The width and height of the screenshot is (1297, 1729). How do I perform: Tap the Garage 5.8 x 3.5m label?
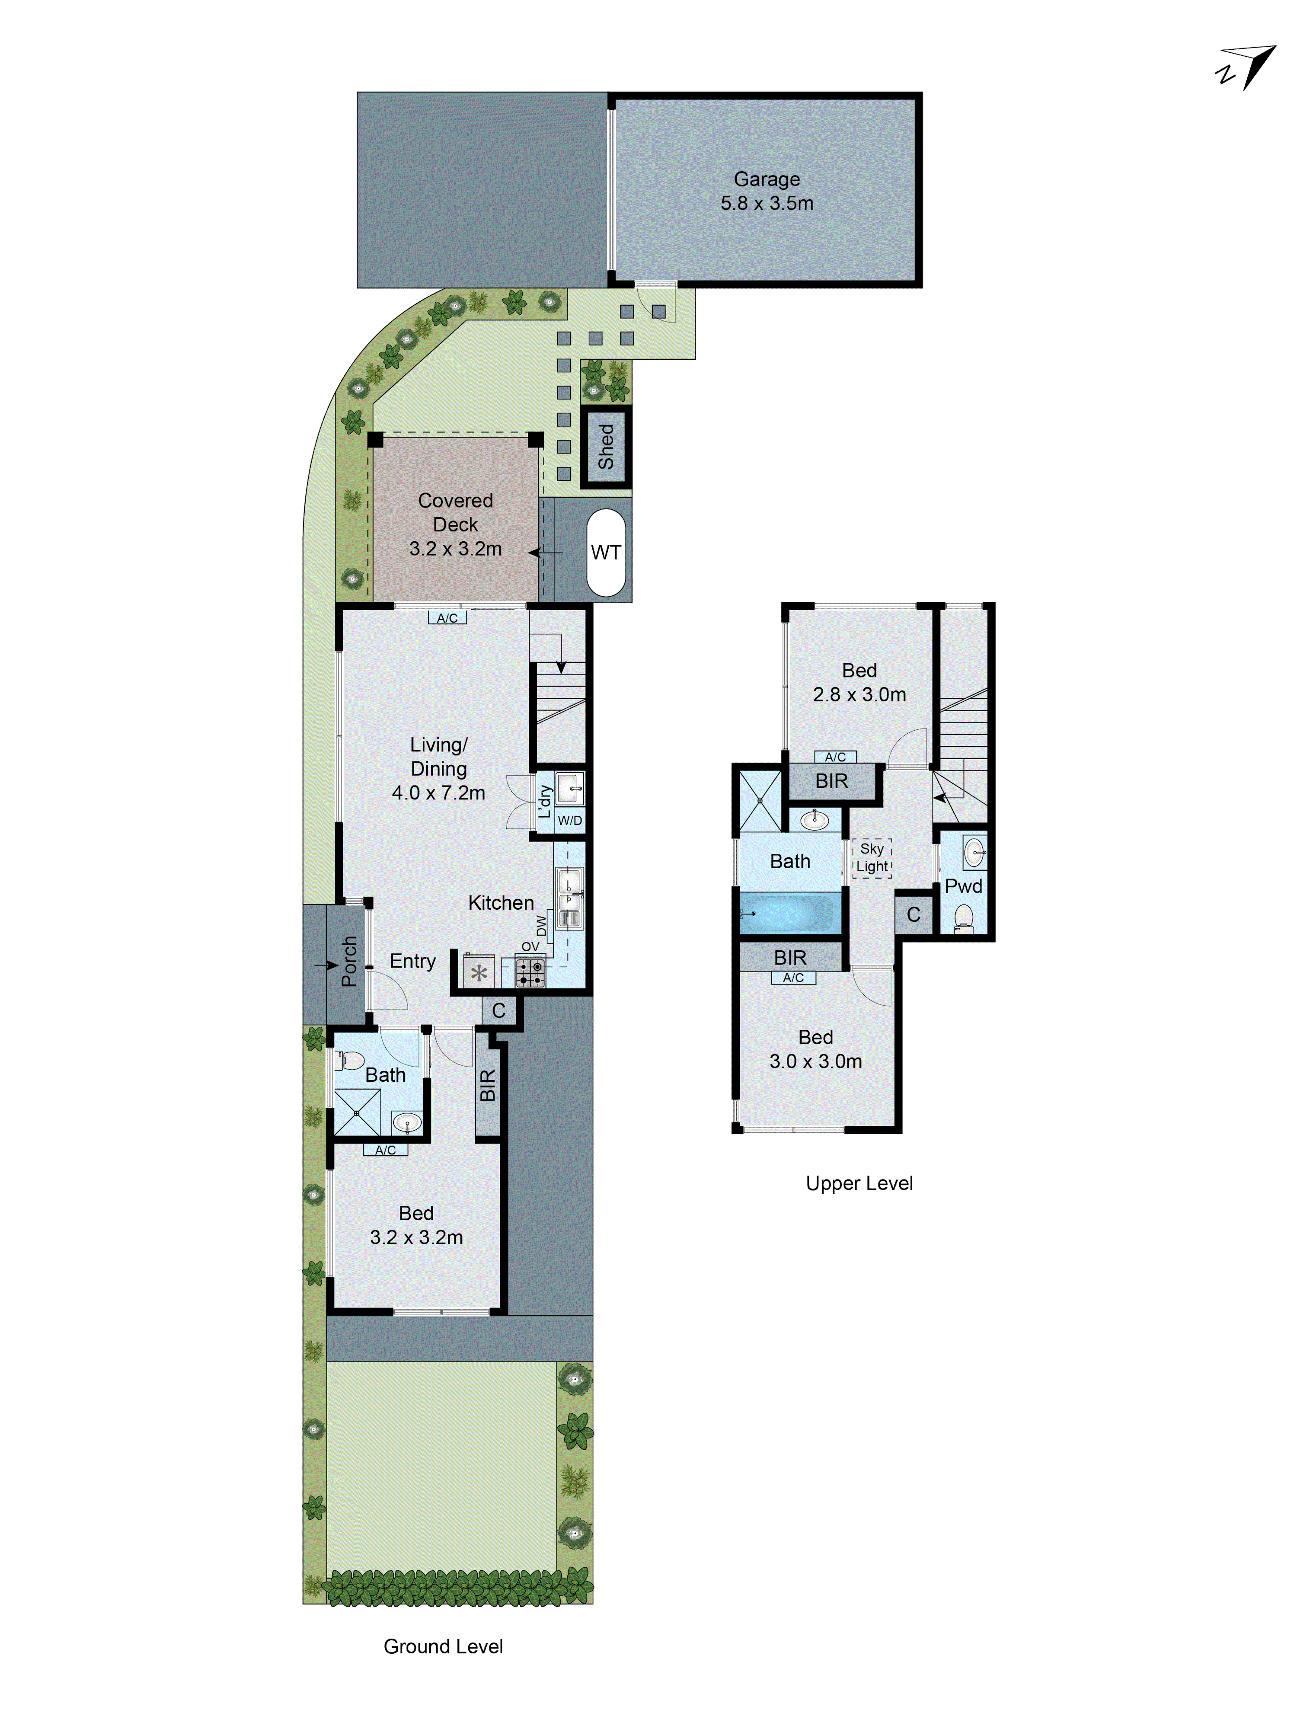tap(766, 192)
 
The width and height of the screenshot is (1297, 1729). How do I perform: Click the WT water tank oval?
tap(606, 553)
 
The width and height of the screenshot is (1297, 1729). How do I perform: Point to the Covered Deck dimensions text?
tap(455, 549)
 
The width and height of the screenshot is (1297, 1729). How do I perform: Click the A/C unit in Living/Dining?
tap(447, 617)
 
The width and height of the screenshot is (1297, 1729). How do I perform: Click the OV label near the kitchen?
tap(530, 946)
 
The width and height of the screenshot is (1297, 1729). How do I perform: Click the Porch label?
tap(349, 962)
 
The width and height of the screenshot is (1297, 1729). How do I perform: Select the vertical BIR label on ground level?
tap(488, 1086)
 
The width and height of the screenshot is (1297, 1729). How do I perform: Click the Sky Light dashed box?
tap(872, 857)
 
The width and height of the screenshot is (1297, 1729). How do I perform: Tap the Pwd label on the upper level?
tap(963, 886)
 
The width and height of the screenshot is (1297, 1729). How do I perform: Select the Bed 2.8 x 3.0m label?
tap(859, 682)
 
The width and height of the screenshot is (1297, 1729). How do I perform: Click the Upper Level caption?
tap(859, 1183)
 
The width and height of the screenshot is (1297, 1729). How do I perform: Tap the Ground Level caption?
tap(443, 1647)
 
